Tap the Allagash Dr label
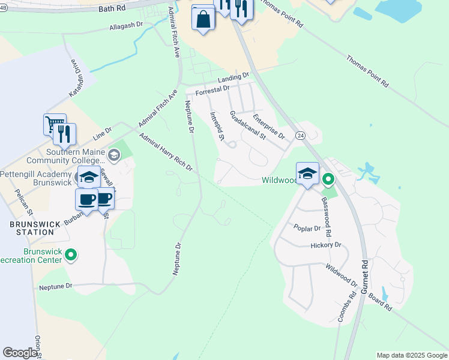click(127, 26)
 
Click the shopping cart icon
click(54, 124)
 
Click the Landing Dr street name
click(233, 78)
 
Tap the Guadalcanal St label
click(247, 126)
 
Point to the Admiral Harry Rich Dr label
click(166, 152)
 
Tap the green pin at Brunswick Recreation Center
click(71, 255)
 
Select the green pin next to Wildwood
click(328, 179)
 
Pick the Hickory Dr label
click(326, 245)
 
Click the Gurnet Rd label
click(364, 277)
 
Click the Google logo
click(20, 353)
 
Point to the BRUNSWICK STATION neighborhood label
click(35, 228)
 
